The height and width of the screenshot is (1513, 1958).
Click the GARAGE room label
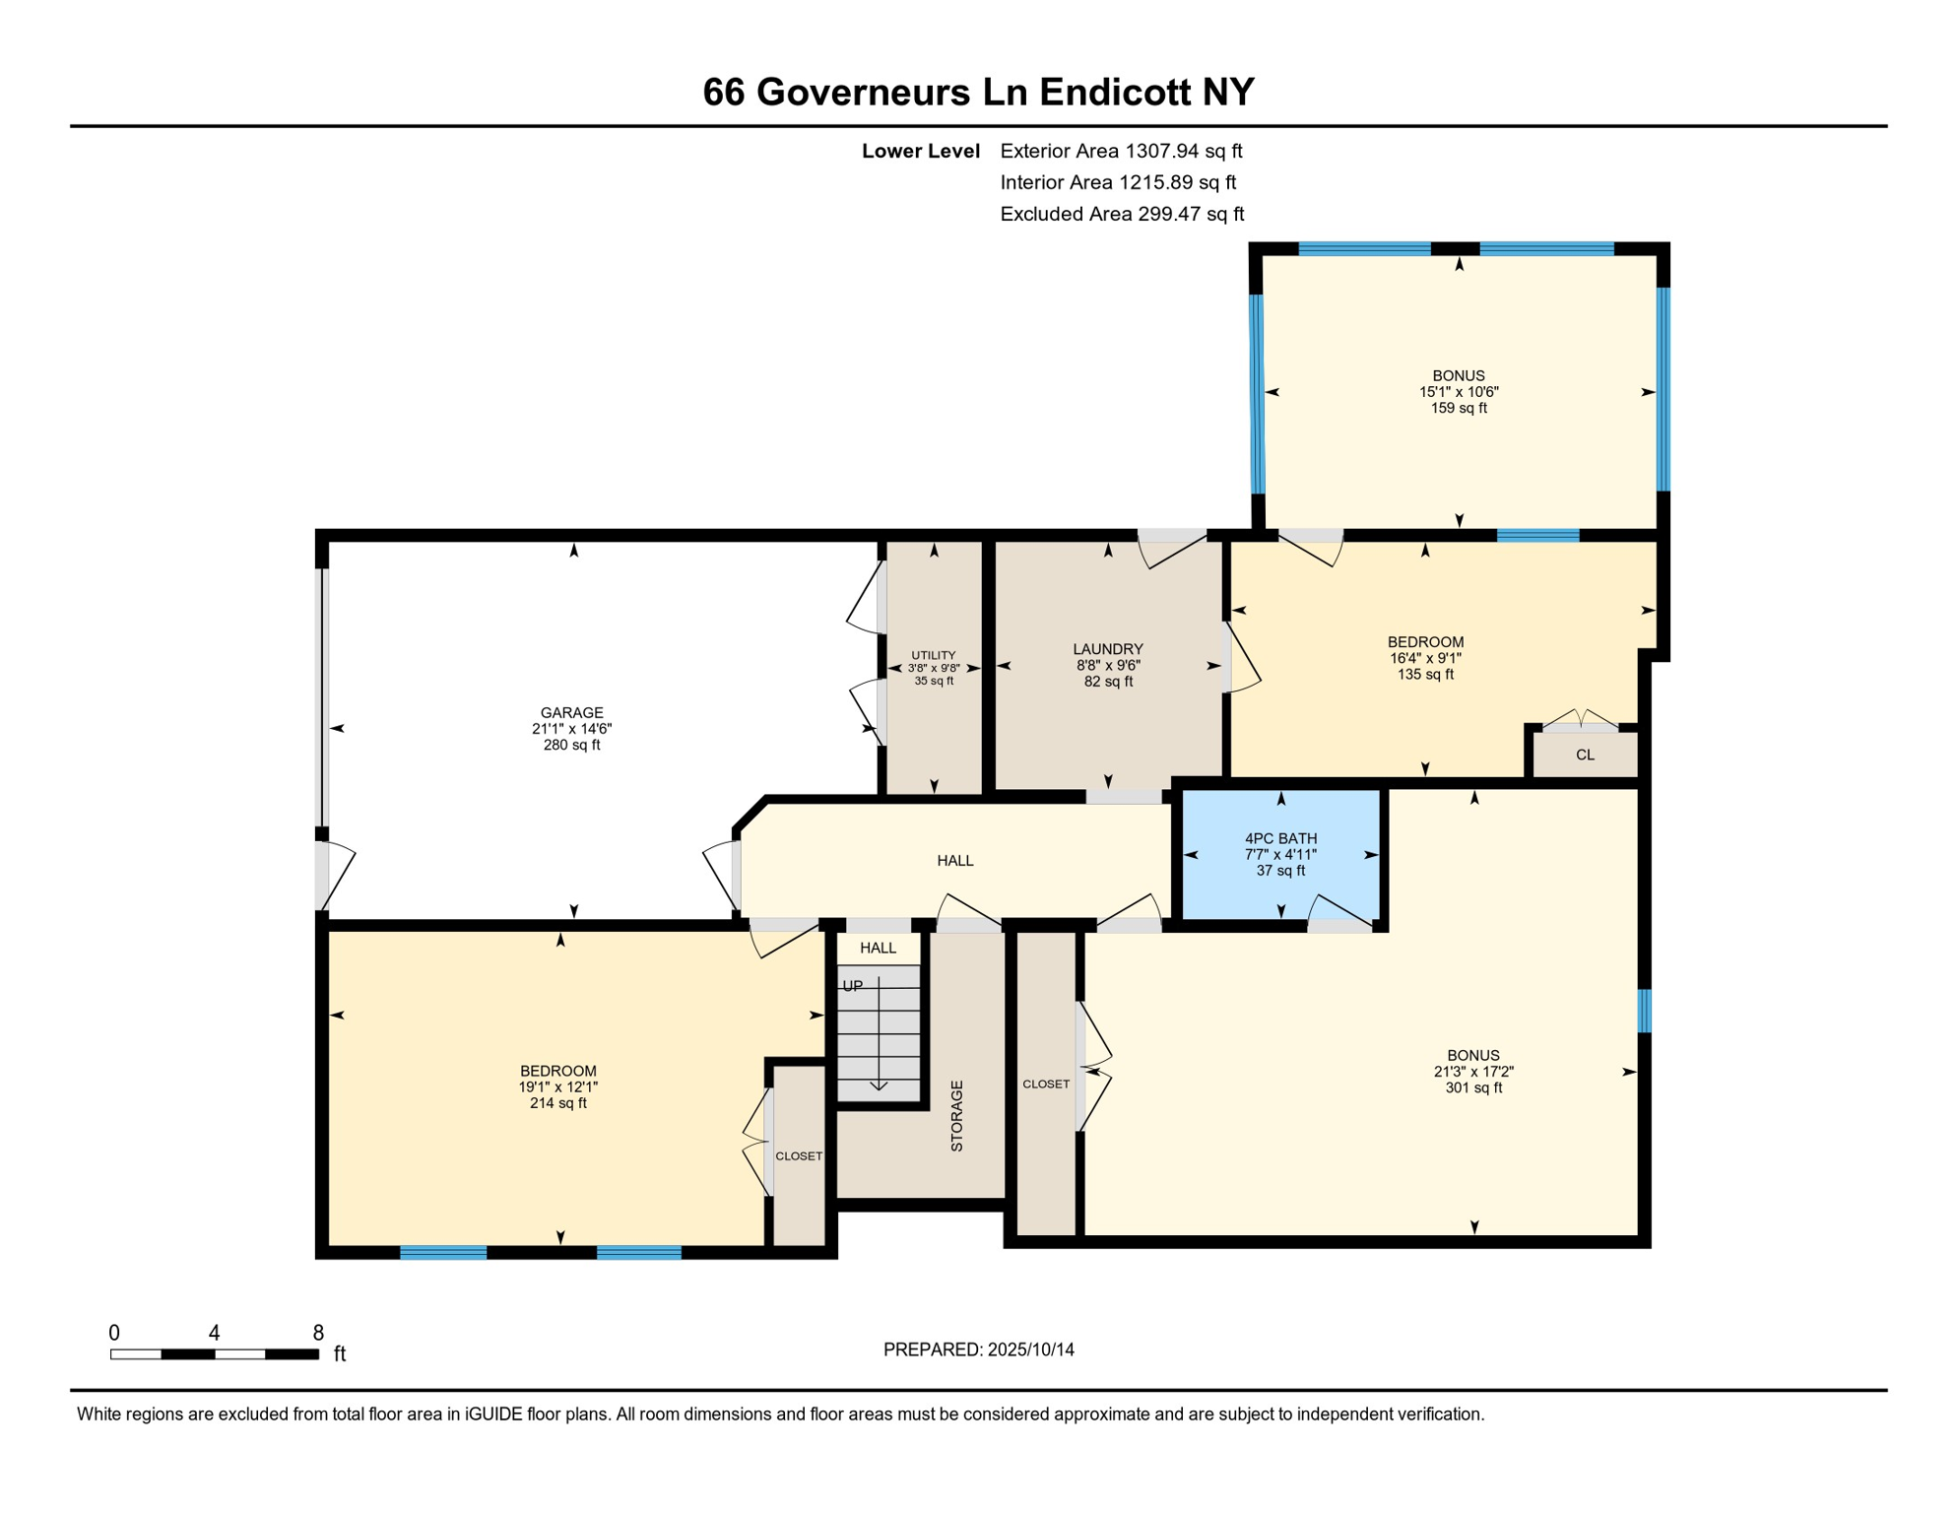(571, 712)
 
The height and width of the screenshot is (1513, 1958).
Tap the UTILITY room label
(933, 655)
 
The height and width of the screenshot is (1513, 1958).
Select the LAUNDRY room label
(1107, 649)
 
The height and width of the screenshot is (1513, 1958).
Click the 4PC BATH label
(1280, 838)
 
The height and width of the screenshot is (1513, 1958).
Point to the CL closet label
(1584, 755)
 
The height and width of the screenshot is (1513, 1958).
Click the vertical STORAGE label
(956, 1115)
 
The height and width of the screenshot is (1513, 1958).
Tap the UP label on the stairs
(852, 986)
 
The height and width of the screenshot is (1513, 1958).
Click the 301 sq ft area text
(1472, 1087)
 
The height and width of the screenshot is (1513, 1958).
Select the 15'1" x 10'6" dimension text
(1458, 391)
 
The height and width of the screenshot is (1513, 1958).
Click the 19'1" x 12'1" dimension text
(557, 1086)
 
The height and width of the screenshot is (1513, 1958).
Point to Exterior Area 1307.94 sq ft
(1120, 151)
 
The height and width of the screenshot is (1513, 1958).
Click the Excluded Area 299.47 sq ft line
(1121, 214)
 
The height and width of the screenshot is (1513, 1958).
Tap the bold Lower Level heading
(920, 151)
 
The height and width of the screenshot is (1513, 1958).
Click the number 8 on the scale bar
(317, 1333)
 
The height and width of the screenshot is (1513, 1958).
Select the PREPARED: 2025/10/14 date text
(978, 1349)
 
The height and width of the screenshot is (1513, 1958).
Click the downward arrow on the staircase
(879, 1084)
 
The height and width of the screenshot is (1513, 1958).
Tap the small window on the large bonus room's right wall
(1643, 1011)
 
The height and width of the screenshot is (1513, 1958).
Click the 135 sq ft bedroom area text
(1424, 674)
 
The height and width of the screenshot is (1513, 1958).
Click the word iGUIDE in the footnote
(492, 1414)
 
